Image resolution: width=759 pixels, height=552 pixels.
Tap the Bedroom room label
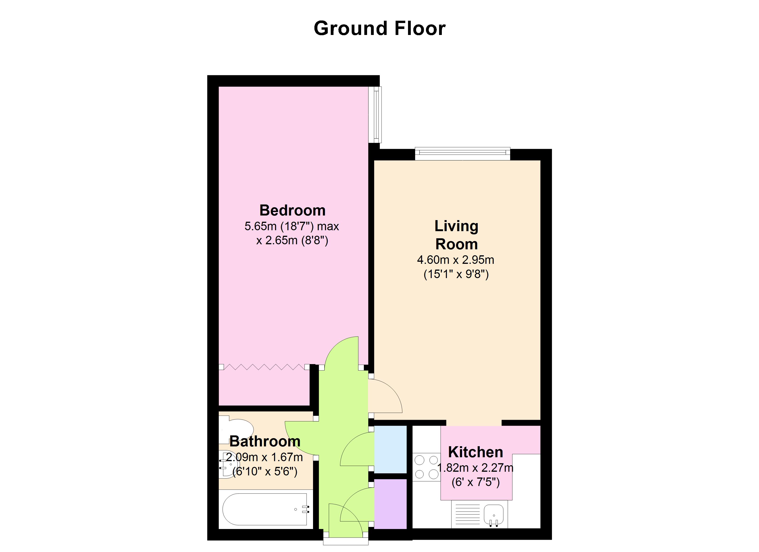click(293, 210)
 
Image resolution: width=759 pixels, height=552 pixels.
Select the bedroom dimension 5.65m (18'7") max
click(291, 227)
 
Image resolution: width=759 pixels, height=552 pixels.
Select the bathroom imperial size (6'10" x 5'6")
click(265, 472)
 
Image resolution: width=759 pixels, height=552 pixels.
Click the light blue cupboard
click(390, 449)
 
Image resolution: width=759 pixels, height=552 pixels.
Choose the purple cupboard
click(390, 504)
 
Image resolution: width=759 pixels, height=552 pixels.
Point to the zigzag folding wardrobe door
click(264, 367)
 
